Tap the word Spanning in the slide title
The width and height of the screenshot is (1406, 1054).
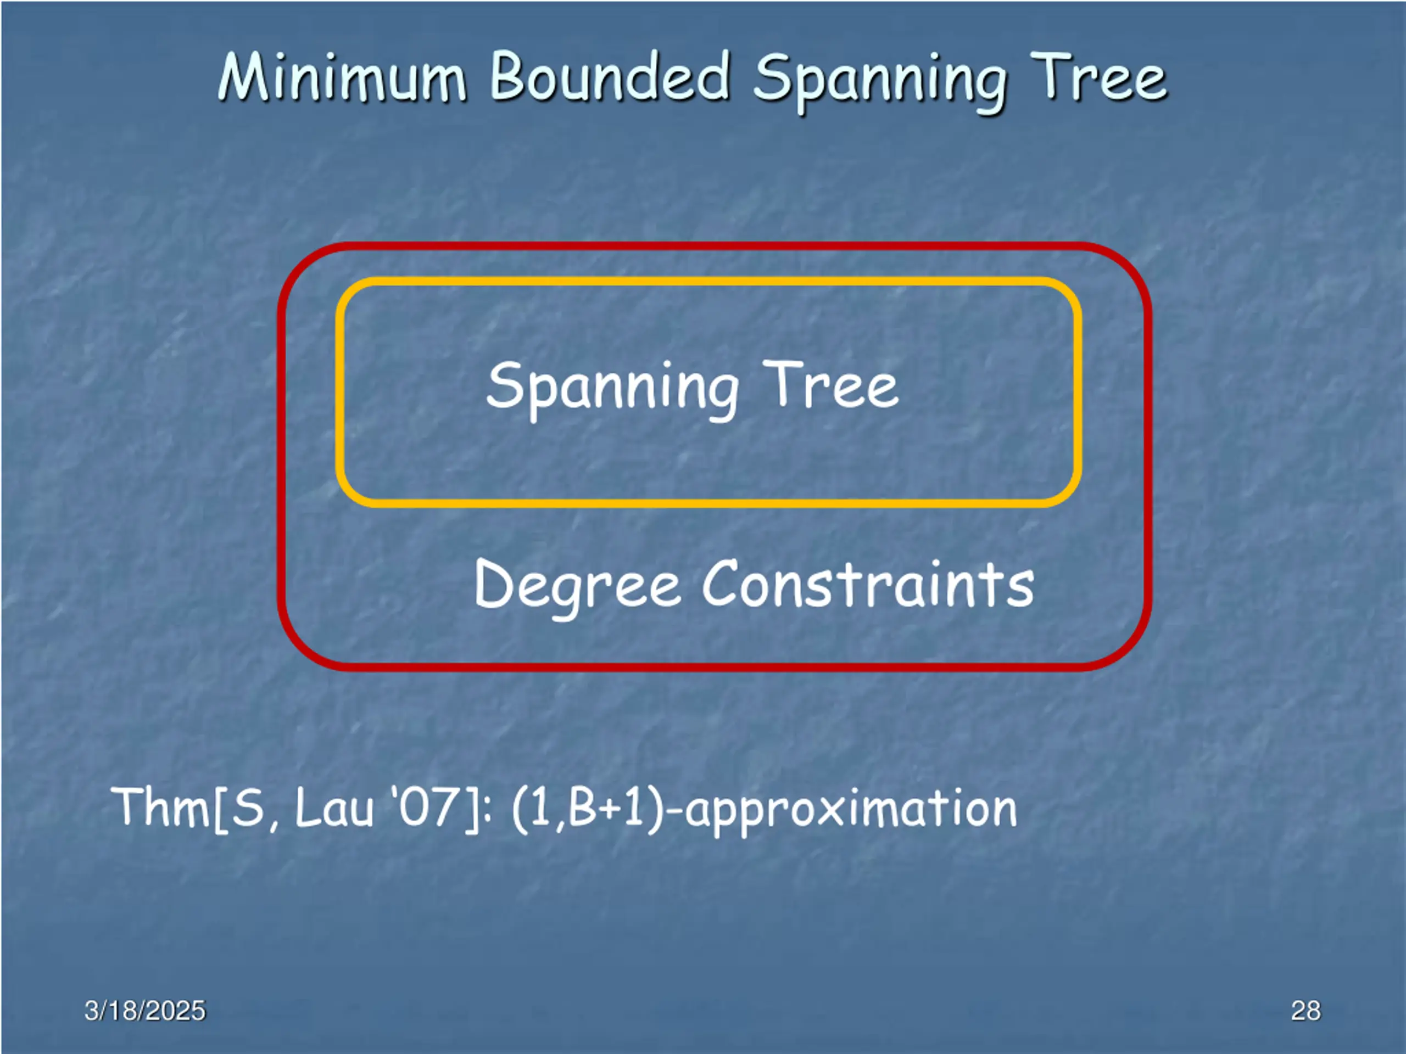point(880,80)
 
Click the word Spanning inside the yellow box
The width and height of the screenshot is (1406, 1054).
point(612,386)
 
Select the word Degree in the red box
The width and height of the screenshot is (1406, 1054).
point(577,585)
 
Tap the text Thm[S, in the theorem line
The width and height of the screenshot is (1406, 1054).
point(194,808)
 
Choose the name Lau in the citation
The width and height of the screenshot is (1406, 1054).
point(334,808)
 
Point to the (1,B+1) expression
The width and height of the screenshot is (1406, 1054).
point(588,808)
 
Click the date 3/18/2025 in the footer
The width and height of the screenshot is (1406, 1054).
point(145,1011)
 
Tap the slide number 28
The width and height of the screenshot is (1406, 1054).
point(1305,1011)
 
